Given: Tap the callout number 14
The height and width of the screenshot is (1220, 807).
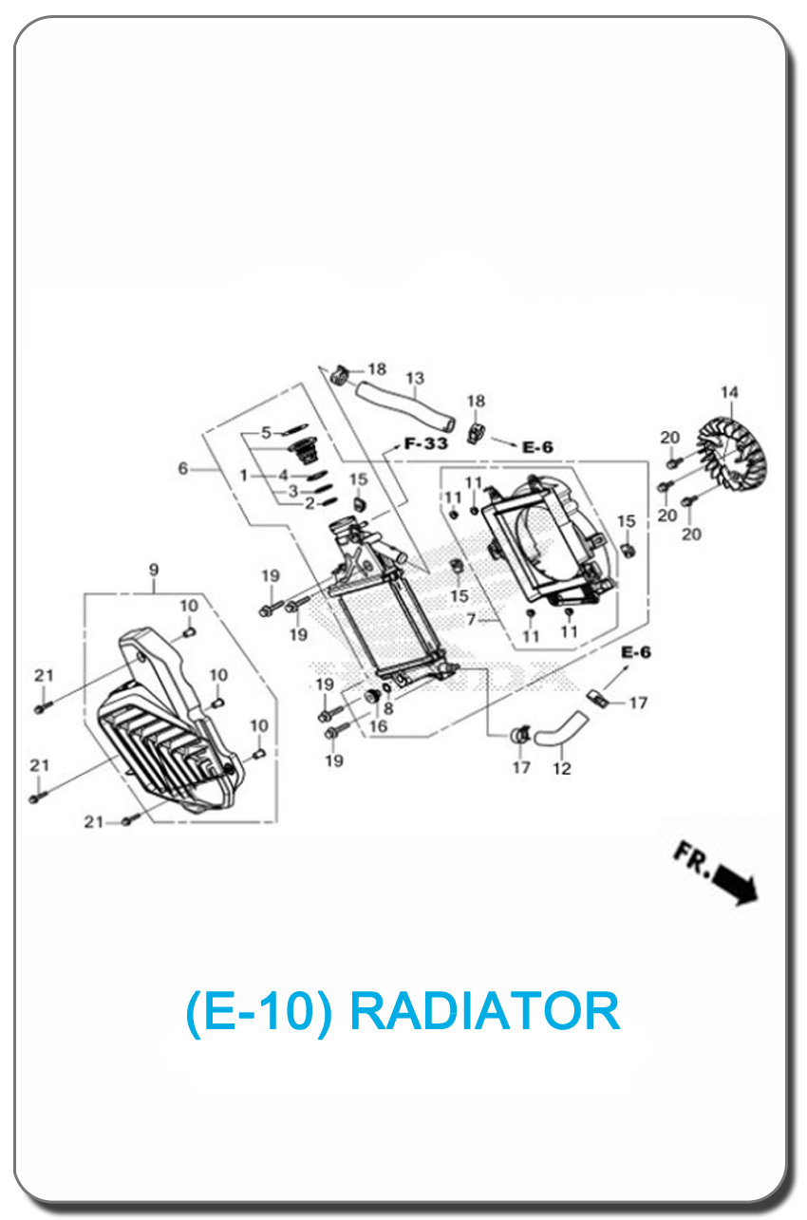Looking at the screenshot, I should click(x=728, y=392).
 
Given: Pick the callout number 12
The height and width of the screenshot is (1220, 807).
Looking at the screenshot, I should click(x=562, y=768).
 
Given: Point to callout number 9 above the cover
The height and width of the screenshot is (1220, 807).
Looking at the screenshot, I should click(x=154, y=570).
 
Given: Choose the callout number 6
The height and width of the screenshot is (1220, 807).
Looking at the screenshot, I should click(x=183, y=468).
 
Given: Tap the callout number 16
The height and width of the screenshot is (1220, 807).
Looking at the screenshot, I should click(x=378, y=726).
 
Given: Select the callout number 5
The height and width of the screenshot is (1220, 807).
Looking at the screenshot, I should click(x=266, y=433).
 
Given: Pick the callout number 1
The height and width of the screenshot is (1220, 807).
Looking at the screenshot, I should click(x=244, y=475).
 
